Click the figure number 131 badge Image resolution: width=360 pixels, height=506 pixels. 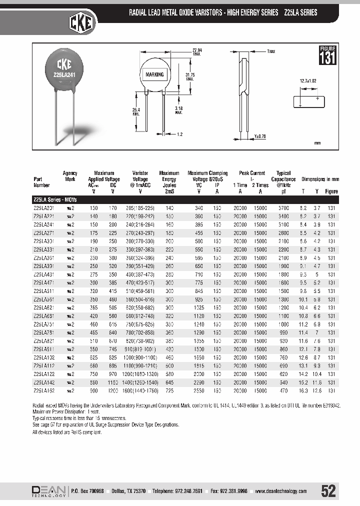[x=327, y=55]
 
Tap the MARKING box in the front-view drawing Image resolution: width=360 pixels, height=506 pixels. [x=154, y=74]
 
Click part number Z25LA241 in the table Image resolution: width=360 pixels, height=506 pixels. [x=44, y=225]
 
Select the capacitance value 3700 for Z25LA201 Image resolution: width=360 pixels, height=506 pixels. [x=283, y=208]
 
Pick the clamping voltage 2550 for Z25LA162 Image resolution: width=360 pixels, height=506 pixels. [x=199, y=389]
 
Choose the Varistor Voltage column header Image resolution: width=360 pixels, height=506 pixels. [x=140, y=179]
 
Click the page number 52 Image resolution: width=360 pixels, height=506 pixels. [x=328, y=491]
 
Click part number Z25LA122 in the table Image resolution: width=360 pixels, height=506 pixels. [x=44, y=373]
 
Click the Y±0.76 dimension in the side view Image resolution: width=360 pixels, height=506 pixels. [x=259, y=136]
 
